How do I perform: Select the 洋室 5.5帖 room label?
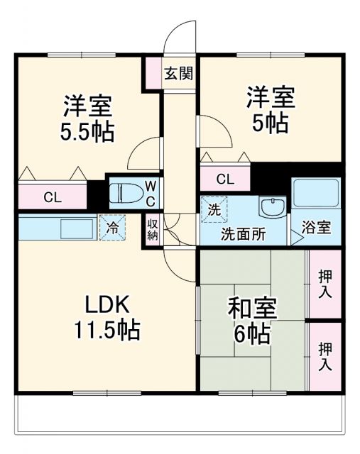coord(87,118)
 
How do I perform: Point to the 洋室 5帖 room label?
coord(271,111)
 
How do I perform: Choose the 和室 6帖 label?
coord(252,321)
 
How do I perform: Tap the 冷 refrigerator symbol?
coord(112,228)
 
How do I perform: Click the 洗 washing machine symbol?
coord(214,209)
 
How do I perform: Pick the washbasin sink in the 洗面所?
coord(272,208)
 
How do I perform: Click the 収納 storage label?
coord(153,230)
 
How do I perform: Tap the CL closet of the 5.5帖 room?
coord(52,196)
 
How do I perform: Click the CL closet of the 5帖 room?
coord(224,178)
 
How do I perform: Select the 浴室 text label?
coord(316,228)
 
